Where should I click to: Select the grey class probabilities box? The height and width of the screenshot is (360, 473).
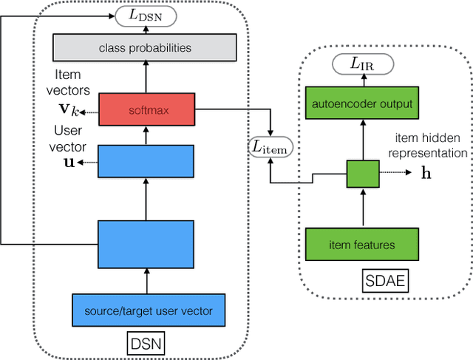pyautogui.click(x=146, y=48)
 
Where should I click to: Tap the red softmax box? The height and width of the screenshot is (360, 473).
pyautogui.click(x=146, y=111)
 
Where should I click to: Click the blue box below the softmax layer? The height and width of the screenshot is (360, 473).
pyautogui.click(x=146, y=161)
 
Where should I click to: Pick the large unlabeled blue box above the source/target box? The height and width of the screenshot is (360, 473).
pyautogui.click(x=146, y=244)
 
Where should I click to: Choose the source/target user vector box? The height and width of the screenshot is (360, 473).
pyautogui.click(x=146, y=310)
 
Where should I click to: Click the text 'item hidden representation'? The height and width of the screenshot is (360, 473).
pyautogui.click(x=431, y=146)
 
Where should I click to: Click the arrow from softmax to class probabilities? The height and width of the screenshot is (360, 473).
pyautogui.click(x=146, y=78)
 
